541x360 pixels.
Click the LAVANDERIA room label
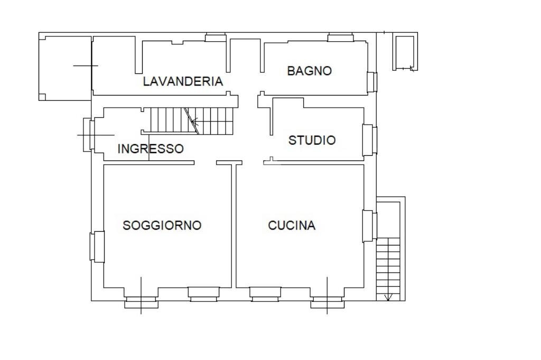(x=183, y=81)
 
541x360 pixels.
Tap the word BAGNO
(x=309, y=71)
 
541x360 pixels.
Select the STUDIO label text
(x=312, y=140)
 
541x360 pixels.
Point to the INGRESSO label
(x=151, y=149)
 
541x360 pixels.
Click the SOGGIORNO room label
(x=162, y=225)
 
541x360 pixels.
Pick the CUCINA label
(x=292, y=225)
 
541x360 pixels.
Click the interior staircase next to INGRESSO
(x=190, y=120)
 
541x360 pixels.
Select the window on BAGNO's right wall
(x=372, y=81)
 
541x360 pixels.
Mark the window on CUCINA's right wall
(x=369, y=225)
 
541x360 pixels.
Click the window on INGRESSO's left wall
(x=88, y=135)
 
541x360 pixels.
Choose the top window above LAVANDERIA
(x=216, y=37)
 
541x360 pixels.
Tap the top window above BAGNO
(x=340, y=37)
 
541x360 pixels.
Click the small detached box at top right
(x=405, y=51)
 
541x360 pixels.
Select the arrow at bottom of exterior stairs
(x=389, y=297)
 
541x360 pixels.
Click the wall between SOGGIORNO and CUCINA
(x=234, y=227)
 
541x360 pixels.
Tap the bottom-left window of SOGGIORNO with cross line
(x=141, y=301)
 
